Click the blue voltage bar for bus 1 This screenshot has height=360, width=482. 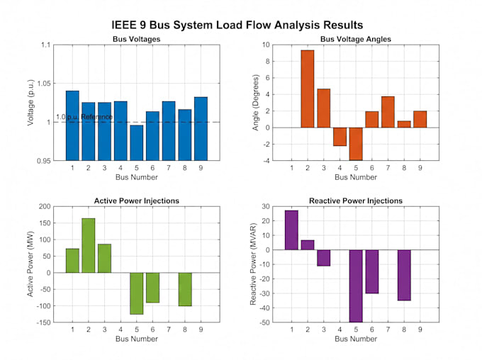[x=72, y=125]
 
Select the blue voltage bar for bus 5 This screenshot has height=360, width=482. [x=137, y=142]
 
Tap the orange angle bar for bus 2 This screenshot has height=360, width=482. [x=308, y=89]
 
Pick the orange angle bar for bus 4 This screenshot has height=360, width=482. [x=340, y=137]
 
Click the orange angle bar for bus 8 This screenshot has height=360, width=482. [x=404, y=124]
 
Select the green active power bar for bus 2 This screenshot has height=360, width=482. [x=89, y=245]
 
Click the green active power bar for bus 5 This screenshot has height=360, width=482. [x=137, y=293]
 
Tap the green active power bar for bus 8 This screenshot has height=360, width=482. [x=185, y=289]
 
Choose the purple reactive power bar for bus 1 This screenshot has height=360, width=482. [x=291, y=230]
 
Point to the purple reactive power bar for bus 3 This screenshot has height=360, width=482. [x=324, y=258]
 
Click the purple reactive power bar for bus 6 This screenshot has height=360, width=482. [x=372, y=271]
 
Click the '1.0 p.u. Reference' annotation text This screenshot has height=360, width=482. [x=84, y=117]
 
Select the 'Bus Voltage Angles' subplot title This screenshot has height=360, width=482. [x=356, y=39]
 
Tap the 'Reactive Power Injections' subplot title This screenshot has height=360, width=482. [x=356, y=201]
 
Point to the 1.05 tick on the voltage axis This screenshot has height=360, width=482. [x=44, y=84]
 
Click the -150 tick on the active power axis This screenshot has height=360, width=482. [x=43, y=322]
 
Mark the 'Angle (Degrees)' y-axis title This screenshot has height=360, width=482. [x=255, y=103]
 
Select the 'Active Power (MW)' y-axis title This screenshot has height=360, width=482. [x=30, y=264]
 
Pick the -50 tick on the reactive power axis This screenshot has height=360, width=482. [x=264, y=322]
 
